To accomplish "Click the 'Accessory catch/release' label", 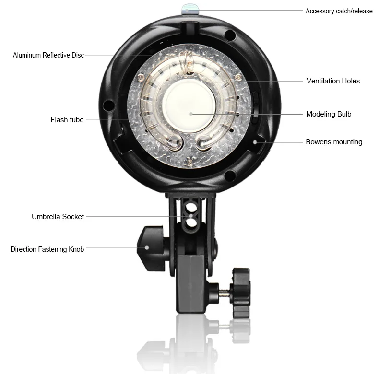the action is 339,11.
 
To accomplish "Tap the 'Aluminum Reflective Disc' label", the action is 48,55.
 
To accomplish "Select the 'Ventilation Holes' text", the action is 333,81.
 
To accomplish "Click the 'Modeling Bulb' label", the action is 329,114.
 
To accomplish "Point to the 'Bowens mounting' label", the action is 334,142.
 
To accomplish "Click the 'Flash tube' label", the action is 67,120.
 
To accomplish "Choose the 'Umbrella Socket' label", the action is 58,217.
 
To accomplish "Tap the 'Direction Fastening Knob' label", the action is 47,249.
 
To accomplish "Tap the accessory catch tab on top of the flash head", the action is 188,8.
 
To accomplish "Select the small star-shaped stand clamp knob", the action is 240,292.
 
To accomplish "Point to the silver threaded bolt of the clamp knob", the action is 224,291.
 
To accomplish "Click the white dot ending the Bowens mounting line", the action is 255,142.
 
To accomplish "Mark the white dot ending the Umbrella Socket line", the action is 190,217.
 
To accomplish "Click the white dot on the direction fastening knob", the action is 147,249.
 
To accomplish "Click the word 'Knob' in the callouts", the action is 75,249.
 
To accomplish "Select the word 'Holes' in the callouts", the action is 351,81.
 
